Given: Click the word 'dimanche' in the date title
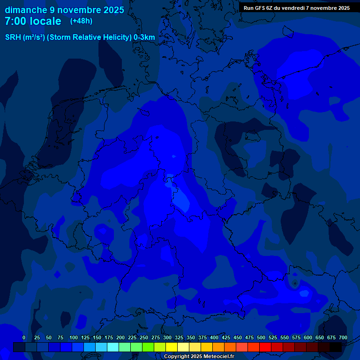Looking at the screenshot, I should tap(26, 10).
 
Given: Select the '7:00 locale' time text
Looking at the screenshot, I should tap(33, 22).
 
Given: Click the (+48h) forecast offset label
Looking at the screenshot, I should tap(82, 21).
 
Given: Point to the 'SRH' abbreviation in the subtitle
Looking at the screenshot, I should tap(13, 37).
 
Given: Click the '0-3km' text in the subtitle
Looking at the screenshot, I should tap(144, 37).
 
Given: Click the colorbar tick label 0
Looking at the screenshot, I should tap(24, 337).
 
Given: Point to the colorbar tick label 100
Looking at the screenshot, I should tap(74, 337).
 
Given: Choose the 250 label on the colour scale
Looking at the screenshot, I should tap(144, 337).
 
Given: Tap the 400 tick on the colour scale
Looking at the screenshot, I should tap(214, 337).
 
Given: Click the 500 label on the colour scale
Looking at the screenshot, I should tap(261, 337).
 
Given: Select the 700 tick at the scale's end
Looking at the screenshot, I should tap(343, 337).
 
